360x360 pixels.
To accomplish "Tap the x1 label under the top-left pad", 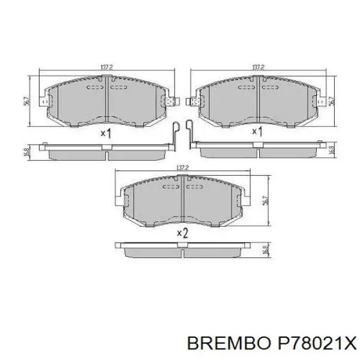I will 106,133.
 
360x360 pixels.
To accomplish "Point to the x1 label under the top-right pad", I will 256,131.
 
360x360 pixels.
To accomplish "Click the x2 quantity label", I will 182,233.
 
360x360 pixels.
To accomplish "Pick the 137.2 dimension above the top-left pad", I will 106,67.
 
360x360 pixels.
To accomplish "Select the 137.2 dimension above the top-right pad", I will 259,67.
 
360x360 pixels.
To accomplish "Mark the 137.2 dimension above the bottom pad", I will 182,168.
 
